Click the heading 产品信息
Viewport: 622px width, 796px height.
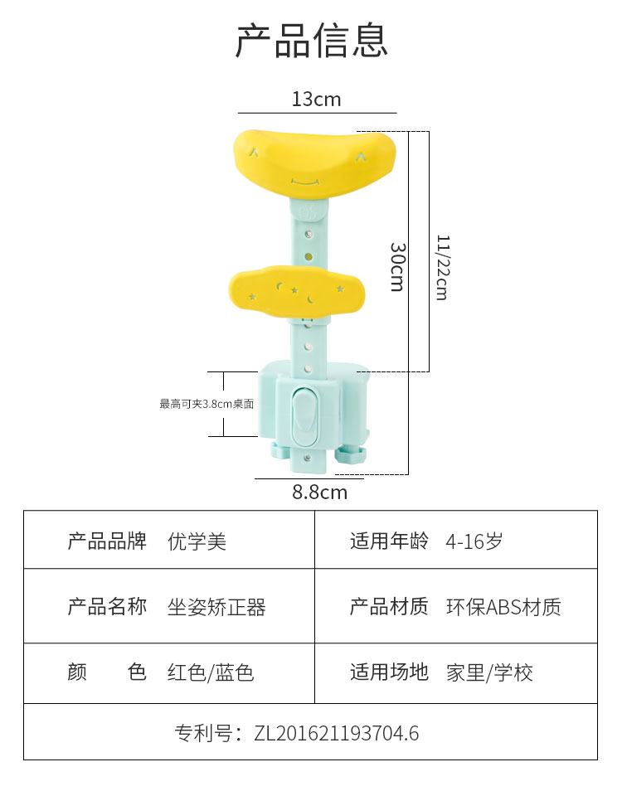pos(311,40)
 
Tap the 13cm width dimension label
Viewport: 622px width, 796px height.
pos(316,99)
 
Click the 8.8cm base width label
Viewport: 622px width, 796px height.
pos(319,493)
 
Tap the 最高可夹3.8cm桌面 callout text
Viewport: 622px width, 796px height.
pos(207,404)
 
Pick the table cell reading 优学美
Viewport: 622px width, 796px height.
pos(197,542)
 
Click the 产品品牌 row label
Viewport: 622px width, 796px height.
pos(107,542)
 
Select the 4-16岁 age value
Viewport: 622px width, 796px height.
pos(474,542)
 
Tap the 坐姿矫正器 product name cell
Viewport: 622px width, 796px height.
pos(216,607)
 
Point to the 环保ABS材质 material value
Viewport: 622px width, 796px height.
pos(503,607)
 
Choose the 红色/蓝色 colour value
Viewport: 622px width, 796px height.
pos(211,672)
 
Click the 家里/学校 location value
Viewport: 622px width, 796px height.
pos(489,672)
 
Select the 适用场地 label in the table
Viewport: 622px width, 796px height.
pos(389,672)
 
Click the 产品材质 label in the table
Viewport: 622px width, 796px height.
pos(389,607)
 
